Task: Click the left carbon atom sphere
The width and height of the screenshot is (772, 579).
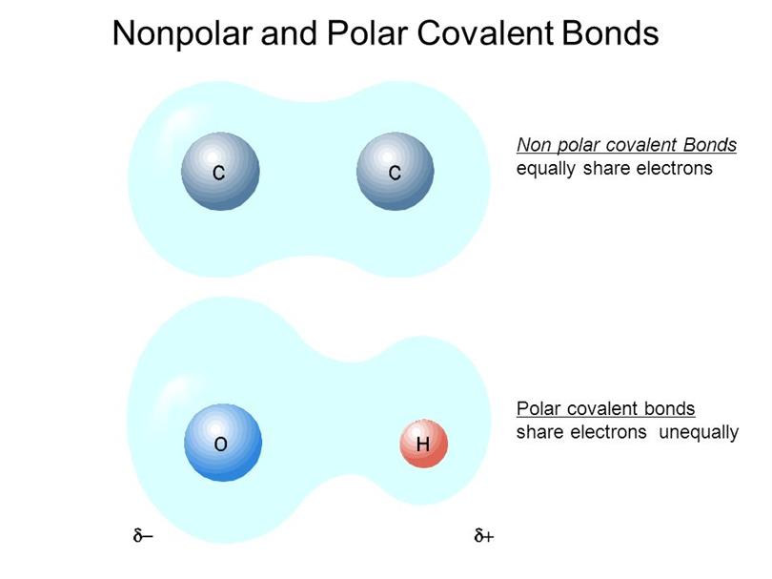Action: pyautogui.click(x=220, y=171)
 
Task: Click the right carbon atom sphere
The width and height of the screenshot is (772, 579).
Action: pyautogui.click(x=395, y=171)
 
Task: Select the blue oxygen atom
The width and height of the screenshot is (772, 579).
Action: pyautogui.click(x=223, y=443)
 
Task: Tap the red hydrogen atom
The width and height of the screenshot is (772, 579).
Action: pyautogui.click(x=423, y=444)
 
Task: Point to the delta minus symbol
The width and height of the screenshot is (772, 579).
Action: pyautogui.click(x=143, y=535)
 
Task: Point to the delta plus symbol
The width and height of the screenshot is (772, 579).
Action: pyautogui.click(x=484, y=535)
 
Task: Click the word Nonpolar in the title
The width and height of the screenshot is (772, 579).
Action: pyautogui.click(x=182, y=33)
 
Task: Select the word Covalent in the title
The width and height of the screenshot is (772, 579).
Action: pyautogui.click(x=485, y=33)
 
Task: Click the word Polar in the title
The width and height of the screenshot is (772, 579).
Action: pyautogui.click(x=367, y=33)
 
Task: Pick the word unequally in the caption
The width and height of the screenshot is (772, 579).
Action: pyautogui.click(x=699, y=433)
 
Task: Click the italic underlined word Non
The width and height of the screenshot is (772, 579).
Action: pyautogui.click(x=534, y=145)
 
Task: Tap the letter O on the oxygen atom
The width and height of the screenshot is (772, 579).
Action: pyautogui.click(x=220, y=445)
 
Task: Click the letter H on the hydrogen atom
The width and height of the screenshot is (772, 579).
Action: pyautogui.click(x=423, y=445)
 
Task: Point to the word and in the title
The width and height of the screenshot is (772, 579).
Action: pyautogui.click(x=290, y=33)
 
